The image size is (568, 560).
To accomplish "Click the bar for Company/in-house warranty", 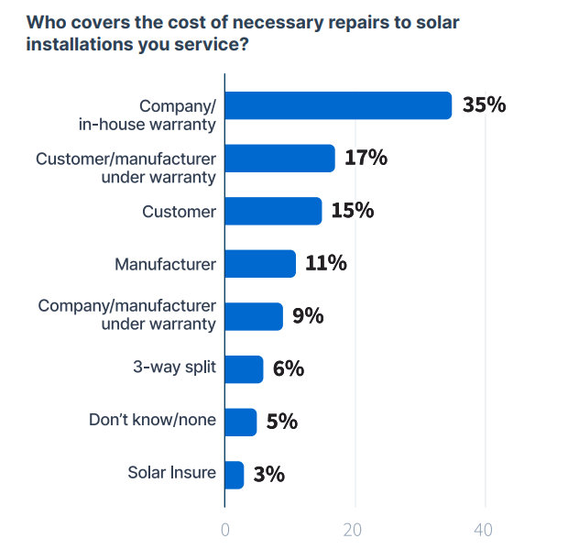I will [338, 105].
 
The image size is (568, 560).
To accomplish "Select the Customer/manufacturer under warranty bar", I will [279, 159].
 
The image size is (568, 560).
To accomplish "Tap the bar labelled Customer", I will [273, 211].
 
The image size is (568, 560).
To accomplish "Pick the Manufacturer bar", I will [260, 264].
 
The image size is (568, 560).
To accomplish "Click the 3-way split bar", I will [244, 369].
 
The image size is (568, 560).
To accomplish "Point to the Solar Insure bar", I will [235, 475].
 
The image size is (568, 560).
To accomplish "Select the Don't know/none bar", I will [241, 422].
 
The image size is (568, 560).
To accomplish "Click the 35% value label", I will [484, 104].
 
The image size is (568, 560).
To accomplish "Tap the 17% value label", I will [366, 158].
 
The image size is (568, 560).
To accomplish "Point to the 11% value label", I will [325, 264].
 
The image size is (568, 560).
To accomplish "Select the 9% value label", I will [308, 316].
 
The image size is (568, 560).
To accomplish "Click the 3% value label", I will [268, 475].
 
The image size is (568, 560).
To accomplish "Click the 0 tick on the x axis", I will [224, 530].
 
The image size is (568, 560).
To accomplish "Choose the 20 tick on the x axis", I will [354, 530].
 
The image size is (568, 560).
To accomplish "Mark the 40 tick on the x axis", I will [484, 530].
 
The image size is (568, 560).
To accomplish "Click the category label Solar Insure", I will [172, 474].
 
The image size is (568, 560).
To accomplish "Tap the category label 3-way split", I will [174, 368].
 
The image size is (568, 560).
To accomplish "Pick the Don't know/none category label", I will [153, 421].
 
